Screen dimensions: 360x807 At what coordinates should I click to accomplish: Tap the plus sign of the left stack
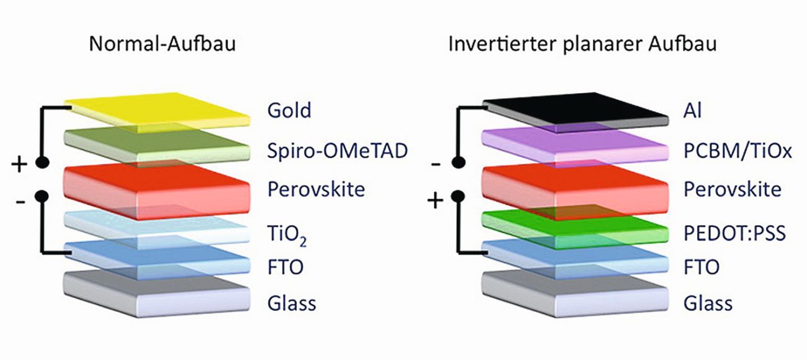click(19, 164)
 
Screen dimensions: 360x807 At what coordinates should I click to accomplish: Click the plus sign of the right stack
click(436, 202)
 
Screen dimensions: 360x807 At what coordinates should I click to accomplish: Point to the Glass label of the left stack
click(292, 304)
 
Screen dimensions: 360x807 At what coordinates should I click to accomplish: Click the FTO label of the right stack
click(701, 268)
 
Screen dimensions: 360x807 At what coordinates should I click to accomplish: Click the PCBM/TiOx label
click(737, 150)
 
